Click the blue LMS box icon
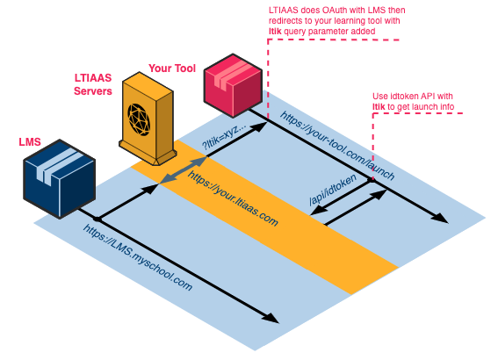pos(58,178)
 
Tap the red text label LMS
pos(30,141)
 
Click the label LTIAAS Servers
pos(92,84)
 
